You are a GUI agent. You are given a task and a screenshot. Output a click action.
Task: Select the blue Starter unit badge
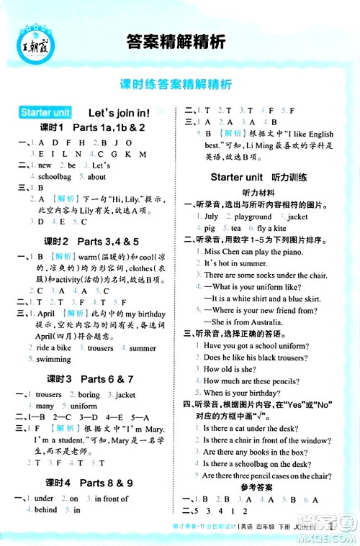(45, 113)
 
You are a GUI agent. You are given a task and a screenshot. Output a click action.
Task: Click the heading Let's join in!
(118, 113)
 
